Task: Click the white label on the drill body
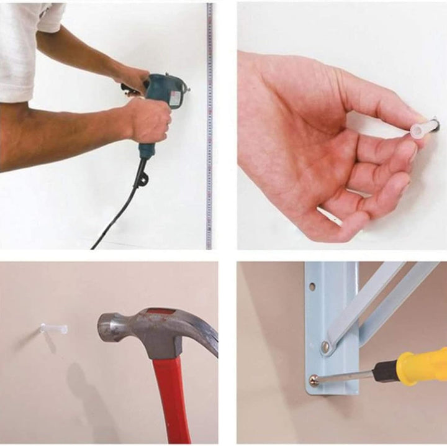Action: click(x=175, y=98)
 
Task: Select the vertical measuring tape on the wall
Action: click(x=209, y=155)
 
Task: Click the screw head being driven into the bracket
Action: click(x=315, y=378)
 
